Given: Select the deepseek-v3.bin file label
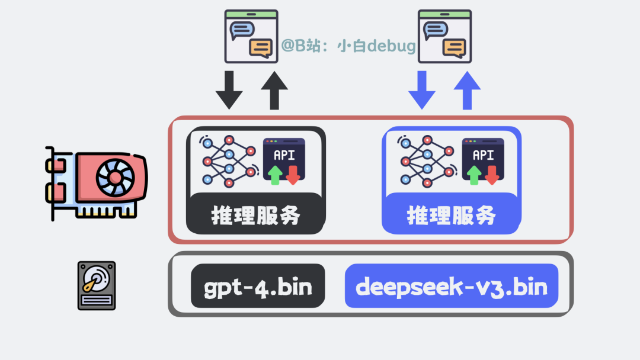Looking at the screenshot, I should tap(452, 286).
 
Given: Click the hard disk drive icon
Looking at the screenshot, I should tap(97, 286).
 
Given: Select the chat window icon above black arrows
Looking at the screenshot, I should tap(251, 37).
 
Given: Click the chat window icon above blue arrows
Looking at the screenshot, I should tap(444, 37).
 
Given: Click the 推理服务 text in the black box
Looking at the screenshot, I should tap(256, 216).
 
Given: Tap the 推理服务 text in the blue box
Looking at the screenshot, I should tap(452, 216).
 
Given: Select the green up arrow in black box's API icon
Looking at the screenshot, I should tap(275, 175).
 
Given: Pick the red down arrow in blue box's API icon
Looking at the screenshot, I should tap(492, 175).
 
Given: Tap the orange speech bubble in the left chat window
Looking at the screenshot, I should tap(261, 47).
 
